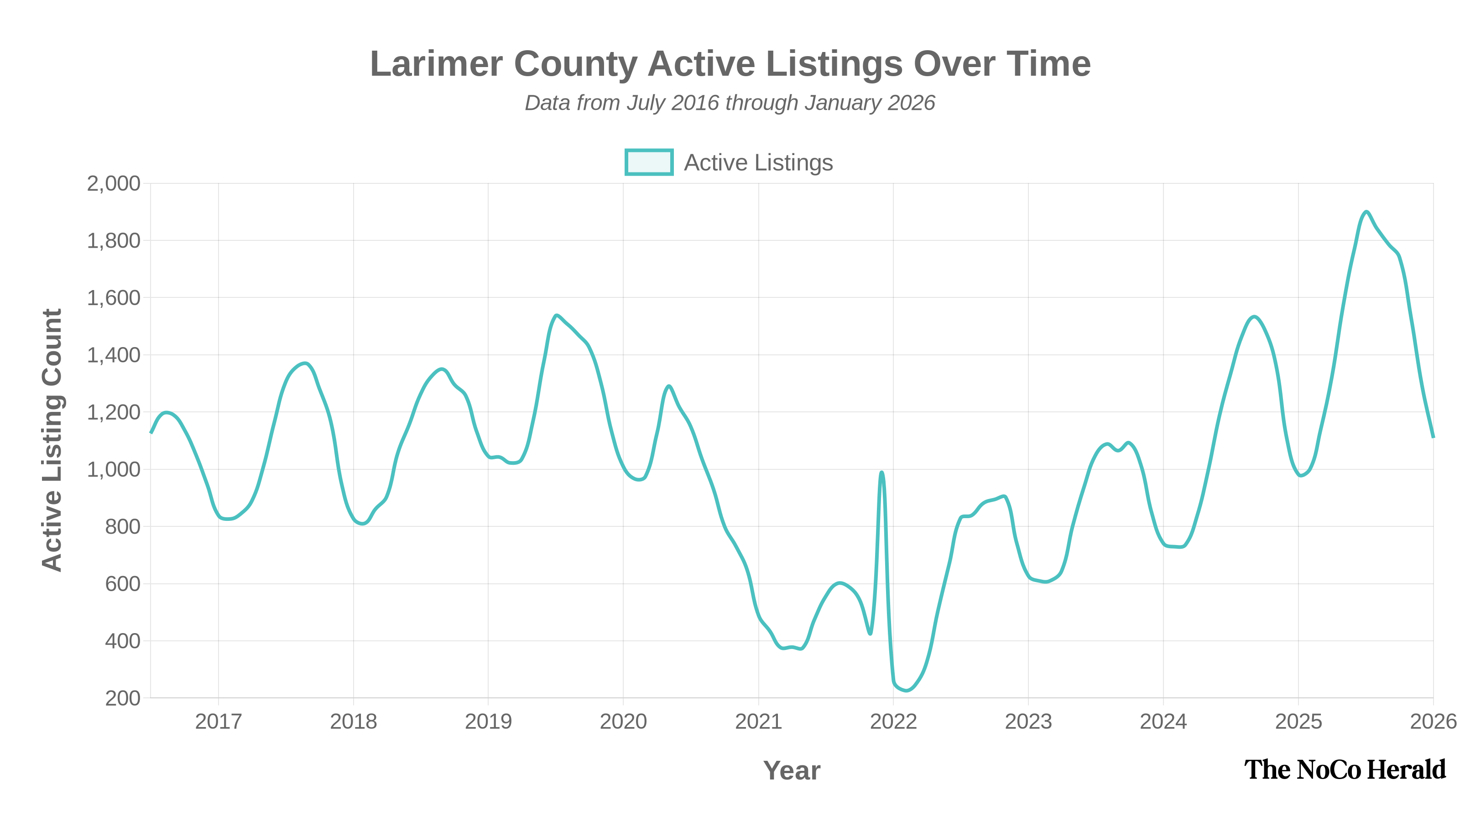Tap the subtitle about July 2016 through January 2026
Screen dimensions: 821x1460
tap(730, 103)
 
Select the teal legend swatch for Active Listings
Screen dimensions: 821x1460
tap(648, 163)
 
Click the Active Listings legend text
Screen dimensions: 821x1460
tap(758, 163)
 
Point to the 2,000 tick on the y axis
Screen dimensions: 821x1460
tap(113, 183)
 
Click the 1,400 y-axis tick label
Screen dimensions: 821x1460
tap(113, 355)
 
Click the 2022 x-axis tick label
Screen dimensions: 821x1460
tap(893, 721)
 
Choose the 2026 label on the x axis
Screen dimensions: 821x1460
tap(1433, 721)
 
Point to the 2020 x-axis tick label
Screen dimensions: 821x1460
tap(623, 721)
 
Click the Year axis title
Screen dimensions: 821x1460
tap(791, 770)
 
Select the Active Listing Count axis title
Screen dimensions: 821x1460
tap(52, 440)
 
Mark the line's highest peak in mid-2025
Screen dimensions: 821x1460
tap(1366, 213)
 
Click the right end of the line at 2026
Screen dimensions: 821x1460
tap(1434, 437)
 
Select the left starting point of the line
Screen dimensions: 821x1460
tap(151, 433)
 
